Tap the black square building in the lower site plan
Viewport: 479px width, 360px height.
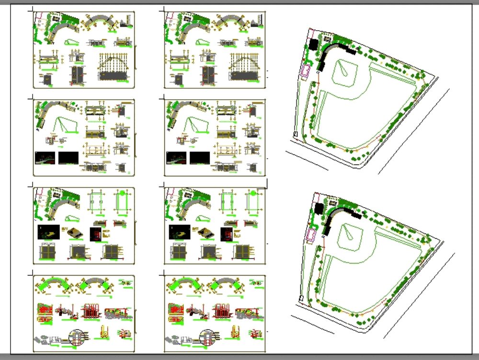tap(319, 209)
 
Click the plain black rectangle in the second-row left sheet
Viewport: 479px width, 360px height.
tap(68, 158)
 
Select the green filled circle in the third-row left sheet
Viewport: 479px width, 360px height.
tap(122, 193)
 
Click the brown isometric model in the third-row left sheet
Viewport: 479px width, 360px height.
tap(74, 233)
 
